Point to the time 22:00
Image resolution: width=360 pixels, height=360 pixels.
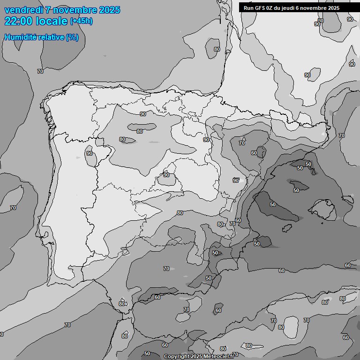point(17,21)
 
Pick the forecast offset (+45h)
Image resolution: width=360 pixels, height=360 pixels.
point(81,21)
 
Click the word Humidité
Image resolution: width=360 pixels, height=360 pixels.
point(21,37)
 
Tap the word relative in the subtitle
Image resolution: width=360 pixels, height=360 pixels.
point(52,37)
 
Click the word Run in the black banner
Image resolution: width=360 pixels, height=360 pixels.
point(248,8)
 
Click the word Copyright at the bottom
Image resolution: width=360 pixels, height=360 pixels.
point(176,357)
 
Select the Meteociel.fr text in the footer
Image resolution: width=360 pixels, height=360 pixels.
point(219,357)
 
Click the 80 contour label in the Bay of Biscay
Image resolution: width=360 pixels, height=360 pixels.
point(217,49)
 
